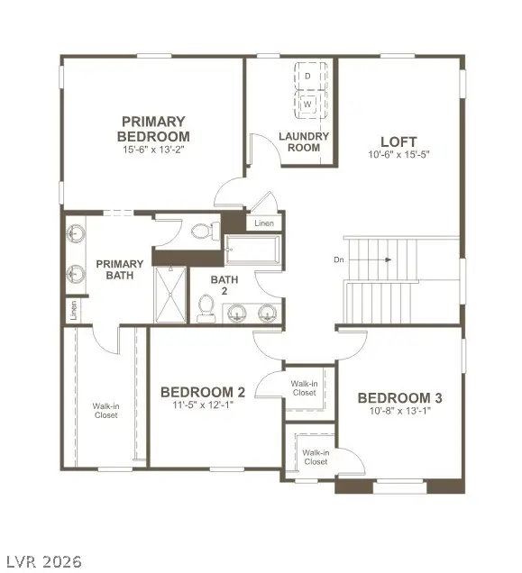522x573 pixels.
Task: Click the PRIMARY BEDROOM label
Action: (154, 128)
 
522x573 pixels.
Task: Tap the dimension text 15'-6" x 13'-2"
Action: (154, 150)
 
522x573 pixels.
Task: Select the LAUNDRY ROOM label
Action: (304, 141)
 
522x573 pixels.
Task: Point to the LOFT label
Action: (398, 141)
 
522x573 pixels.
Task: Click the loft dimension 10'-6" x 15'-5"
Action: (398, 154)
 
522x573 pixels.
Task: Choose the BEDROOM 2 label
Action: (203, 392)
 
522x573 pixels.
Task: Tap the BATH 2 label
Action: (224, 286)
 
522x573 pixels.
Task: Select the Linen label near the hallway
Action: (264, 223)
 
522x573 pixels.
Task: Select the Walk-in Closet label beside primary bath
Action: (105, 410)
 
